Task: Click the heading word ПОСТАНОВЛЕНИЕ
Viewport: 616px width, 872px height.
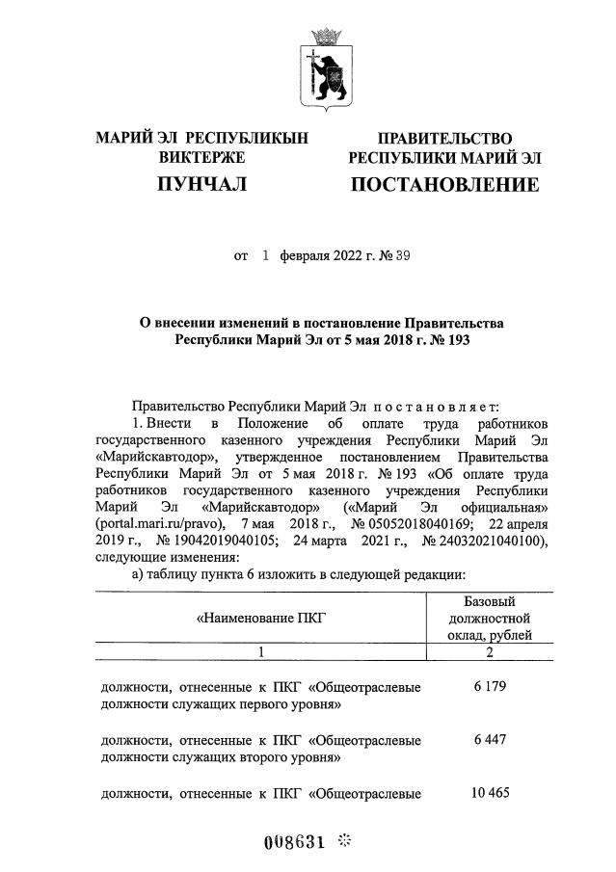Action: click(x=443, y=183)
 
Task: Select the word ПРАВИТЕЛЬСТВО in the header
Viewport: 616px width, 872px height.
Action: click(x=444, y=139)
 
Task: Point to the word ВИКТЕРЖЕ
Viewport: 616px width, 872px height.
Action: click(x=201, y=158)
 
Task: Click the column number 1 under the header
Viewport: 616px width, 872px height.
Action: click(x=259, y=652)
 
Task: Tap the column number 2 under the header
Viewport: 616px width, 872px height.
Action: click(x=492, y=652)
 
